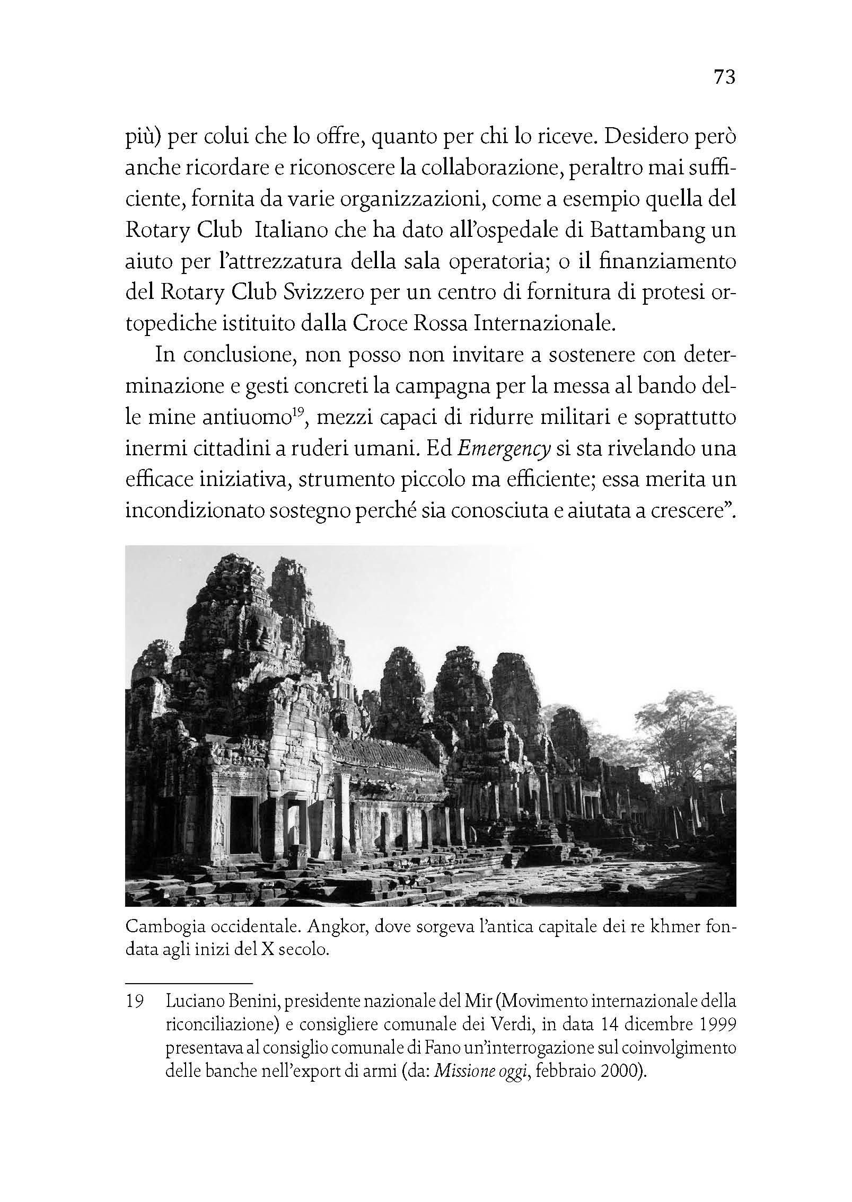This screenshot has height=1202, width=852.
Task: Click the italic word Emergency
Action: click(x=502, y=449)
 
